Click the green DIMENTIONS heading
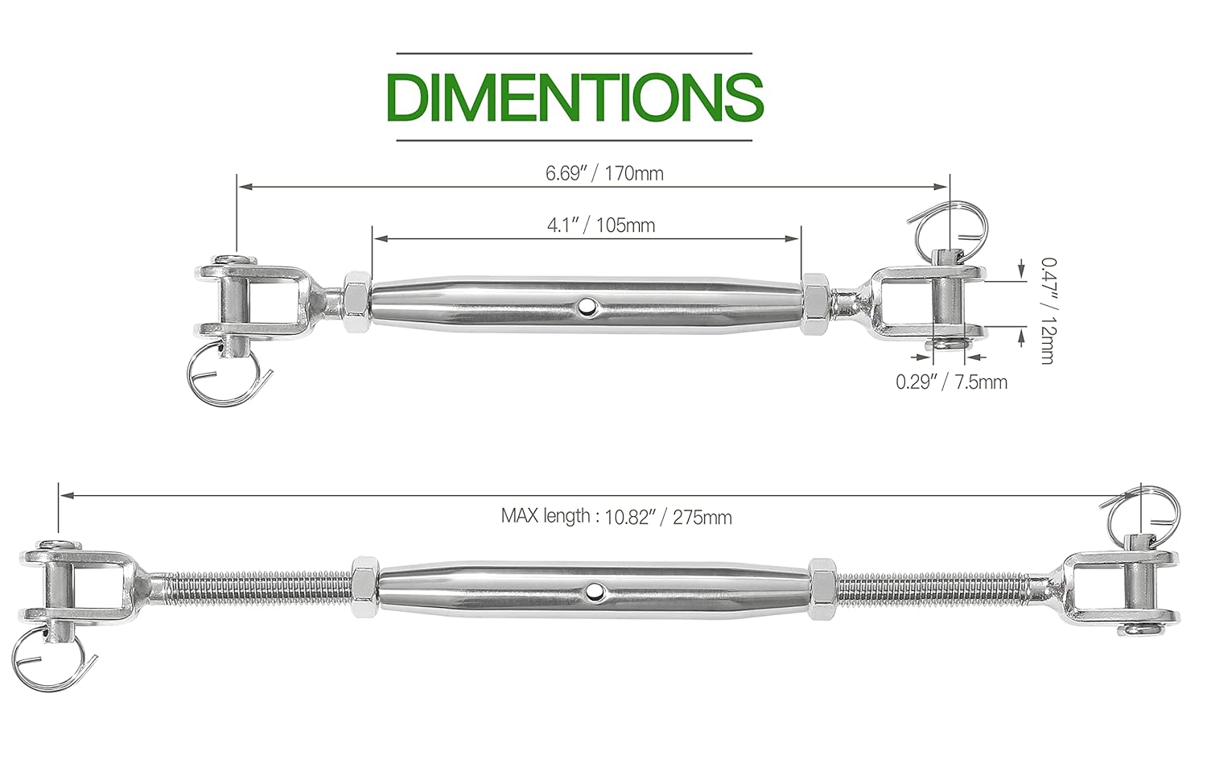click(575, 97)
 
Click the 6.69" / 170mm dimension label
click(604, 173)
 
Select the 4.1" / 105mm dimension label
click(600, 225)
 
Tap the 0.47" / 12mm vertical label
click(1045, 310)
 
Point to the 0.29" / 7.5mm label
click(951, 382)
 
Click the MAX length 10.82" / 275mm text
click(616, 516)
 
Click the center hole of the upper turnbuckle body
click(588, 306)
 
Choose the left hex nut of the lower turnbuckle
click(364, 588)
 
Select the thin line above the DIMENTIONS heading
click(575, 53)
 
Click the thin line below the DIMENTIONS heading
click(575, 141)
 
